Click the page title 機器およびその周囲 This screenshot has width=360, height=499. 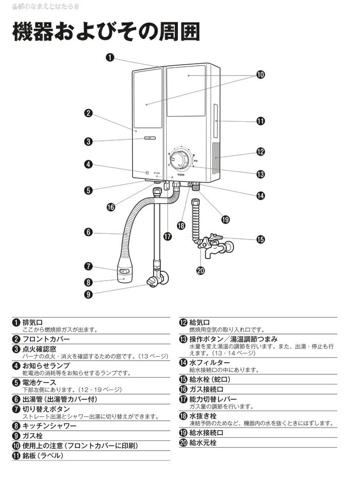pyautogui.click(x=105, y=32)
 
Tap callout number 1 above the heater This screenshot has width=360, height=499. pyautogui.click(x=110, y=57)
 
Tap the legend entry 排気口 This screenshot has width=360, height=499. pyautogui.click(x=32, y=322)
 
